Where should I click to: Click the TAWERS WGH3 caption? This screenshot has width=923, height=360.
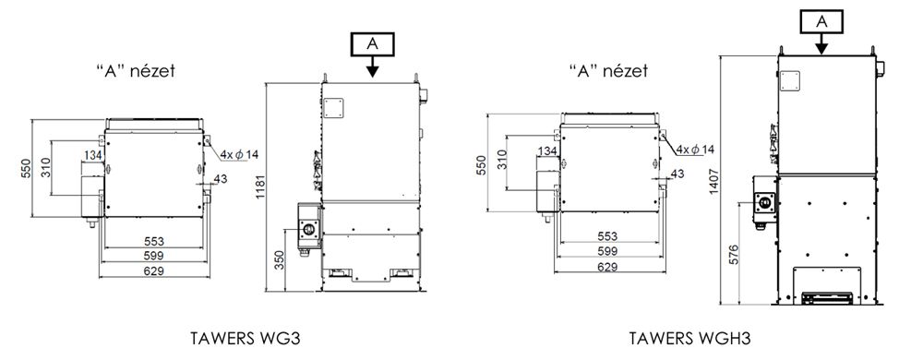689,340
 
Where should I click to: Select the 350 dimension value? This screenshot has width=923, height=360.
281,260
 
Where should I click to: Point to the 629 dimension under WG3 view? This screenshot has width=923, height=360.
154,271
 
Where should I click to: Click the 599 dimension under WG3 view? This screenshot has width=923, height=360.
154,256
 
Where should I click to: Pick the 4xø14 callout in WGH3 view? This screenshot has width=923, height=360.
695,150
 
